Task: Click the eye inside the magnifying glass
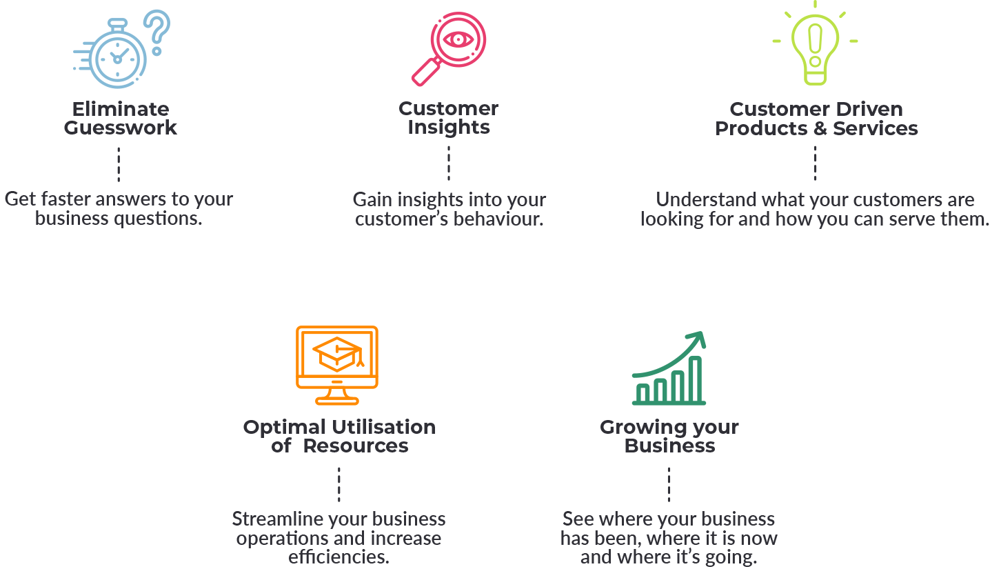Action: [458, 39]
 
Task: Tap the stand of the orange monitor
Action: [336, 397]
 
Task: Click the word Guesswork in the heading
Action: [120, 128]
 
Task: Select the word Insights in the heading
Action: [449, 128]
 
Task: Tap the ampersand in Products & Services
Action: [820, 129]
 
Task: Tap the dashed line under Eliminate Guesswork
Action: [119, 164]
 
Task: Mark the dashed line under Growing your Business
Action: [669, 485]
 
